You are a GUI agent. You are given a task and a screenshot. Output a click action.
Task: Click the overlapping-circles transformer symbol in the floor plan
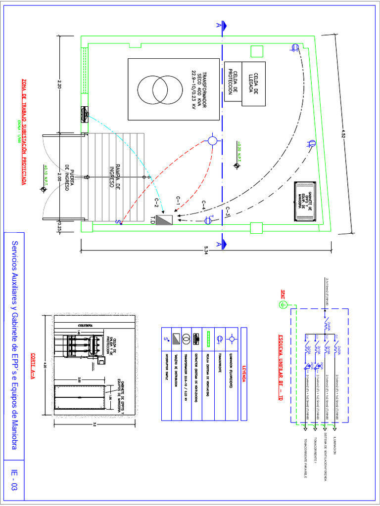click(x=160, y=89)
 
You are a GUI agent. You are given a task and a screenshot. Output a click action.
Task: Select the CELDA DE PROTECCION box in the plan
click(x=233, y=82)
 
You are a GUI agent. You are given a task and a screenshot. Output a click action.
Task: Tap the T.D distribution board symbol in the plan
click(x=164, y=219)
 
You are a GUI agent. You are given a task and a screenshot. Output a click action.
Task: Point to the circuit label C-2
click(x=158, y=203)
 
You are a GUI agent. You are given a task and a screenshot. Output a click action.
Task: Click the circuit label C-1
click(x=180, y=201)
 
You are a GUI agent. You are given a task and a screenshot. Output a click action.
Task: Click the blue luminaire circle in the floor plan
click(x=212, y=141)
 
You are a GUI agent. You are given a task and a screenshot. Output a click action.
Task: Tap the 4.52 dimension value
click(x=343, y=134)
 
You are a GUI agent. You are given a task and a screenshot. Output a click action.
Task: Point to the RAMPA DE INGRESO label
click(x=115, y=176)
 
